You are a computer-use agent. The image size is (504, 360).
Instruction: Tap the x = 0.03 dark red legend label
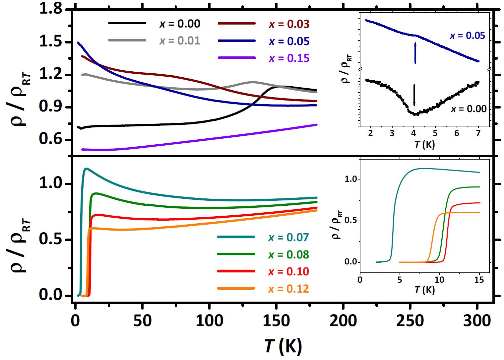[289, 24]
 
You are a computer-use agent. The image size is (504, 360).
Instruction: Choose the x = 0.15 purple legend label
[289, 58]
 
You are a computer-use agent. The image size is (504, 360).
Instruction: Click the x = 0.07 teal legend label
[288, 238]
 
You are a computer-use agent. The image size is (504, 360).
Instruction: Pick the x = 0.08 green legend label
[288, 255]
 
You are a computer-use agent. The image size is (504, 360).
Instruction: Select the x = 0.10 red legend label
[288, 272]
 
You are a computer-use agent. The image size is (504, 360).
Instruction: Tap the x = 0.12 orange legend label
[288, 289]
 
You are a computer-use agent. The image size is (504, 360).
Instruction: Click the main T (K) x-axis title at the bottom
[283, 346]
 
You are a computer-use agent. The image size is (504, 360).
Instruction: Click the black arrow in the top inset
[414, 95]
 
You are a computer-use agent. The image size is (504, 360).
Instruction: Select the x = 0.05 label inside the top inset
[467, 36]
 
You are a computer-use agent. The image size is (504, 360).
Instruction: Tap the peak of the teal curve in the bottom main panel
[86, 169]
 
